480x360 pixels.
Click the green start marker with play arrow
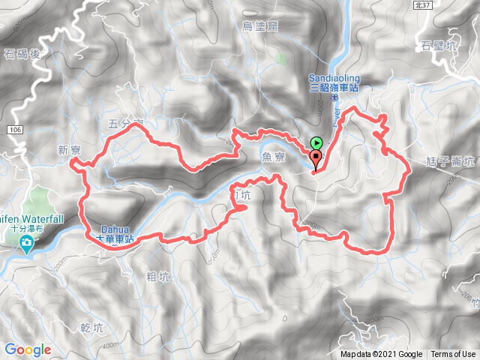click(x=316, y=142)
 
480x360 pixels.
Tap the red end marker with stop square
click(x=316, y=157)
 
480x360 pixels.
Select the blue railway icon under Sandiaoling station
click(x=334, y=97)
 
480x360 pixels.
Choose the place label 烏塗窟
click(x=260, y=26)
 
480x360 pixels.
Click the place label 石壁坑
click(x=439, y=45)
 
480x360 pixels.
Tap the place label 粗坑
click(x=158, y=277)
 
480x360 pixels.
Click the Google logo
click(x=28, y=349)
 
